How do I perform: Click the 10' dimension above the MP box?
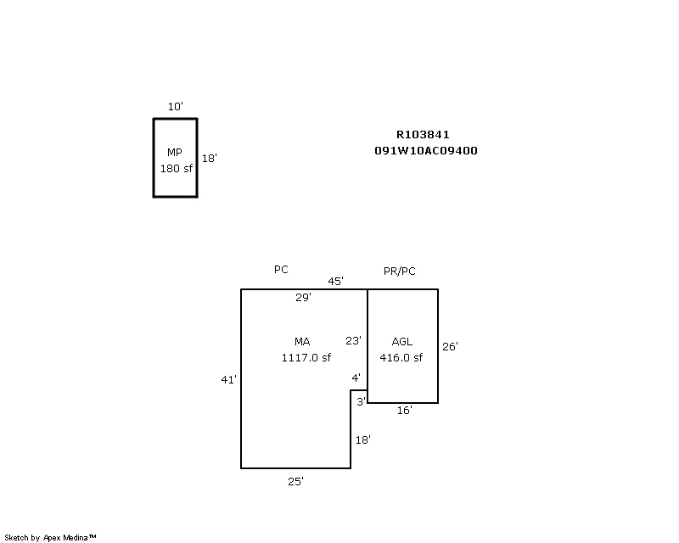pyautogui.click(x=176, y=107)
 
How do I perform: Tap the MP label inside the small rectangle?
pyautogui.click(x=175, y=153)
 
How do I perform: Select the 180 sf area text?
pyautogui.click(x=177, y=169)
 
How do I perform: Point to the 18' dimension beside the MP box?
pyautogui.click(x=209, y=158)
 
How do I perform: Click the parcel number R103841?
pyautogui.click(x=423, y=135)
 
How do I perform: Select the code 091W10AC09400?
pyautogui.click(x=426, y=151)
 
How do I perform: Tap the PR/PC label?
pyautogui.click(x=399, y=271)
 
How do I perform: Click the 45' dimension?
pyautogui.click(x=335, y=282)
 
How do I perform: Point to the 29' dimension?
pyautogui.click(x=303, y=298)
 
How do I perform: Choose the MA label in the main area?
pyautogui.click(x=302, y=342)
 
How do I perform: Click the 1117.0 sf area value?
pyautogui.click(x=306, y=358)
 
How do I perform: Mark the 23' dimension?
pyautogui.click(x=353, y=341)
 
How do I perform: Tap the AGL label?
pyautogui.click(x=401, y=342)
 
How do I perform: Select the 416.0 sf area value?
pyautogui.click(x=401, y=358)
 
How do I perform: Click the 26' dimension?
pyautogui.click(x=450, y=346)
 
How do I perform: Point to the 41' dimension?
pyautogui.click(x=228, y=380)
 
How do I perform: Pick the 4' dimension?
pyautogui.click(x=356, y=378)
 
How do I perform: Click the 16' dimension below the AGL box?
pyautogui.click(x=405, y=411)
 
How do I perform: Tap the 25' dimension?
pyautogui.click(x=295, y=482)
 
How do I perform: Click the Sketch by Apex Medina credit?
pyautogui.click(x=50, y=538)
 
